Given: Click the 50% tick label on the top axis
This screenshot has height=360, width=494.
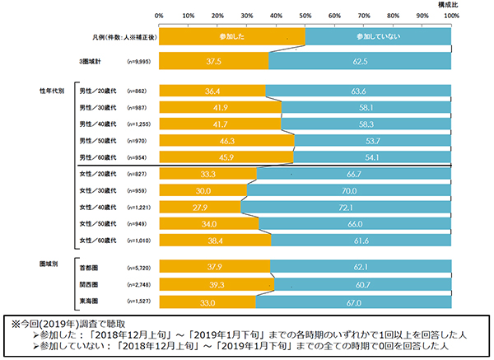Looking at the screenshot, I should click(305, 16).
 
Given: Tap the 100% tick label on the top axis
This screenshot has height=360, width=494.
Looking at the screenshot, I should click(450, 16).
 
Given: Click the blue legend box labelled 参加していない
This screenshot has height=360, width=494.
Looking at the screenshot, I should click(378, 37).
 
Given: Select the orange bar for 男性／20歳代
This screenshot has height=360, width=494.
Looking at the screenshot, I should click(212, 91).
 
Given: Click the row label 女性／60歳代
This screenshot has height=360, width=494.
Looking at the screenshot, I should click(96, 240).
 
